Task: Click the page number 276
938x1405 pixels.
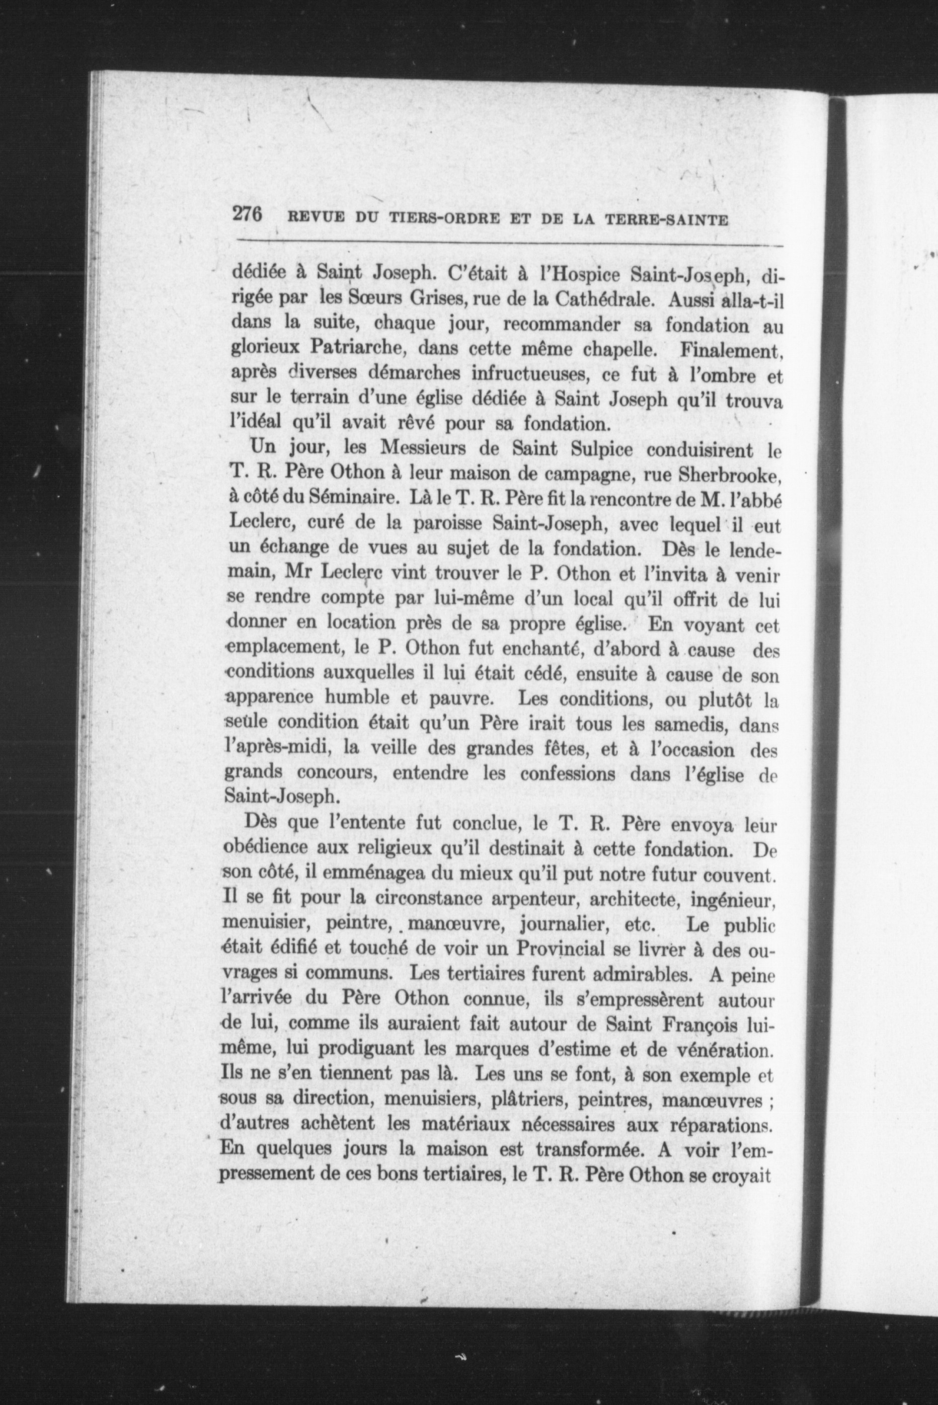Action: click(248, 215)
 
